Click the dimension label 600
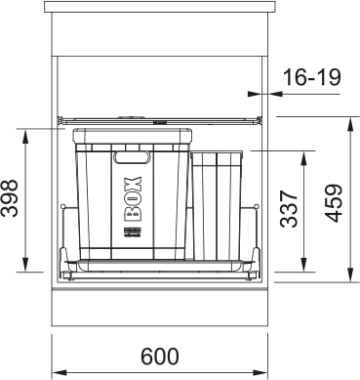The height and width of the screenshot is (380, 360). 160,357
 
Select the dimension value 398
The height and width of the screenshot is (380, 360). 9,198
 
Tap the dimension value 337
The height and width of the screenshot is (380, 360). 289,209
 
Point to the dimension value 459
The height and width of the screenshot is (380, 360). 334,203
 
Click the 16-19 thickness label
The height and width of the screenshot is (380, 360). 312,77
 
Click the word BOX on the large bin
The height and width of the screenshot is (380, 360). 133,199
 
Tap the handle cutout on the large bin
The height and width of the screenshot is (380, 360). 132,157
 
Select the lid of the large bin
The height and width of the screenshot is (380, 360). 132,136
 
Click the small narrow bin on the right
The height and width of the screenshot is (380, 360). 217,205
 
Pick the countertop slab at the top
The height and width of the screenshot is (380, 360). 160,7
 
